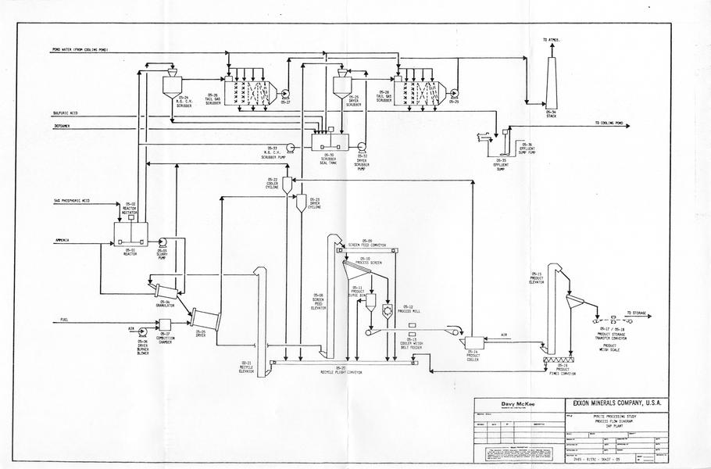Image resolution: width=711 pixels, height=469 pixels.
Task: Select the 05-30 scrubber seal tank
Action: [x=332, y=141]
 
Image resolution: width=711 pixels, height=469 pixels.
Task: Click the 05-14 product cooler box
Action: [x=472, y=342]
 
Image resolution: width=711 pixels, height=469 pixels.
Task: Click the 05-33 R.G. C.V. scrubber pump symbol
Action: [x=290, y=146]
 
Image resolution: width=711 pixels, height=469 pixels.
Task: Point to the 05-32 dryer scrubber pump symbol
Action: [x=363, y=145]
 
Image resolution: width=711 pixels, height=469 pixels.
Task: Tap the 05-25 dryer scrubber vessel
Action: [x=341, y=84]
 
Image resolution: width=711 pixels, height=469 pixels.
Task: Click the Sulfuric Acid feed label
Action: [x=66, y=113]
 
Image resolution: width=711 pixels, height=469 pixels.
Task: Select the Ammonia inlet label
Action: [x=64, y=239]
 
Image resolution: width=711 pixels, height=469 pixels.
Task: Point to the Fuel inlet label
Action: [x=67, y=320]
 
